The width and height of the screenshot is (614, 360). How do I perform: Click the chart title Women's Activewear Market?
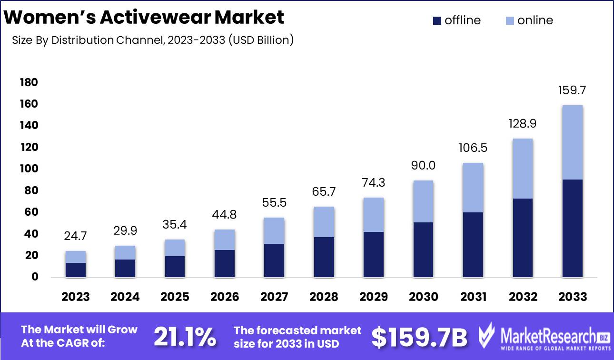coord(144,17)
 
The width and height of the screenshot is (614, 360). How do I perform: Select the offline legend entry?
coord(457,20)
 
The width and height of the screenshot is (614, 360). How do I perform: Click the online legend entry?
coord(529,20)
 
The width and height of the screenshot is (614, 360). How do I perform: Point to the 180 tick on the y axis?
coord(29,83)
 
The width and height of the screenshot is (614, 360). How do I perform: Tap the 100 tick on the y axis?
coord(29,169)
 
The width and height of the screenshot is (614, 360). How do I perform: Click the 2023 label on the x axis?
coord(76,297)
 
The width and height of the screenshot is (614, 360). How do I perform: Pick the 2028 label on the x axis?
coord(324,297)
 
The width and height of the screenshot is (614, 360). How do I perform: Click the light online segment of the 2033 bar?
coord(572,142)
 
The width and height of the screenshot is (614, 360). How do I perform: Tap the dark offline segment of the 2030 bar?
coord(423,249)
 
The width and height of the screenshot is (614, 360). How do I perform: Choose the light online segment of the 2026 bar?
coord(225,240)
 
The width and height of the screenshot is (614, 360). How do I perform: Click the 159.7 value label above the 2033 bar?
coord(572,90)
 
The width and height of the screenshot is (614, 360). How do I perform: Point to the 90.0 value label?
coord(423,166)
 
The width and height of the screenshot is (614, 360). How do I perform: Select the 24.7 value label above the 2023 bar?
coord(76,236)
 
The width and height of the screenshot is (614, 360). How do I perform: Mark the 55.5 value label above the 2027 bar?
coord(274,203)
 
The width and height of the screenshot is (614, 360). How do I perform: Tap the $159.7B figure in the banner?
coord(419,337)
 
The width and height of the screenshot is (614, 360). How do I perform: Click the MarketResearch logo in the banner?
coord(543,337)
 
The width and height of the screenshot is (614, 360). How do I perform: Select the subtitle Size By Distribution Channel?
coord(153,40)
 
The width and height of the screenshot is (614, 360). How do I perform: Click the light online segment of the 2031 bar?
coord(473,188)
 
